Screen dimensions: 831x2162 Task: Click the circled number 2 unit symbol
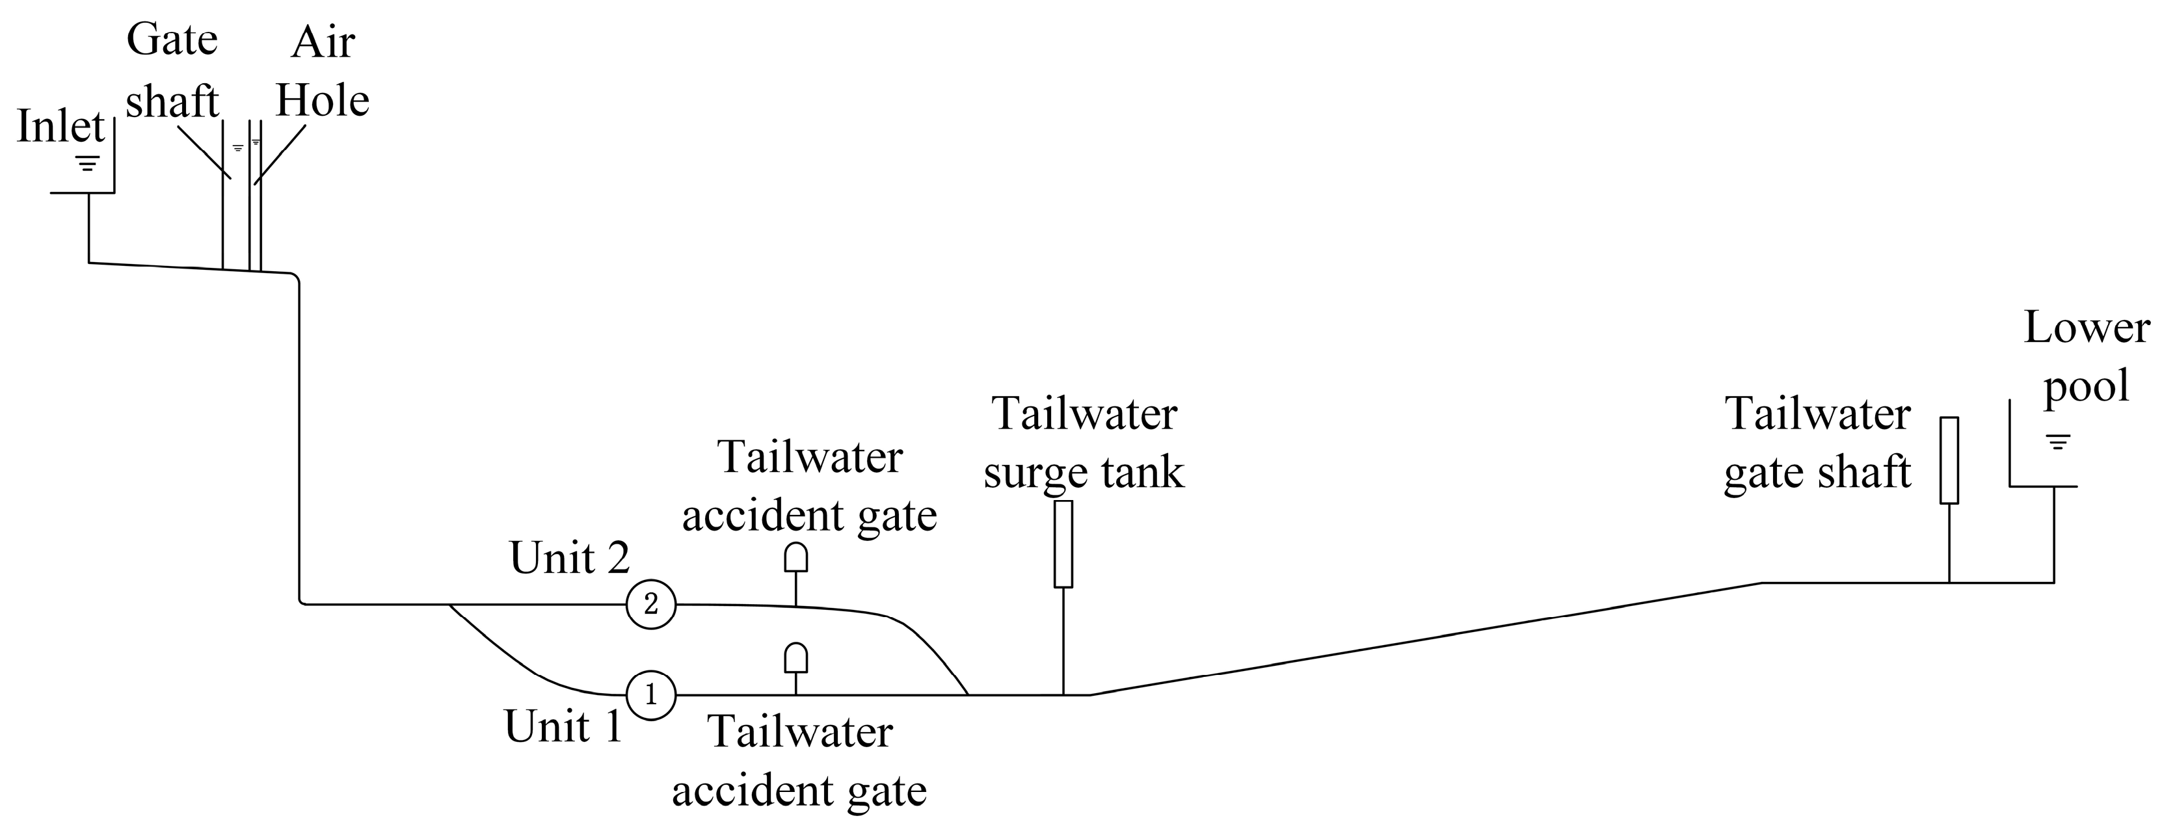(650, 604)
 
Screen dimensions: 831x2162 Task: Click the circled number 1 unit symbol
(650, 695)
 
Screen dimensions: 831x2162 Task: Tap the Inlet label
(60, 127)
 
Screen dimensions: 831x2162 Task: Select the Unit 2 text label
(569, 558)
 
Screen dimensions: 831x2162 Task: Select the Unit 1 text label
(563, 726)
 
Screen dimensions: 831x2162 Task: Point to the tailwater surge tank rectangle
(1063, 544)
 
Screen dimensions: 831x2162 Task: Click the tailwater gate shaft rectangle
(1949, 460)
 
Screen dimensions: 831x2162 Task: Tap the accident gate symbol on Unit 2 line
(795, 557)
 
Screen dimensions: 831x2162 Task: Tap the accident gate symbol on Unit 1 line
(795, 658)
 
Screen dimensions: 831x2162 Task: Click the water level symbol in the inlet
(87, 162)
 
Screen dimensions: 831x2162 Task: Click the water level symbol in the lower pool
(2058, 442)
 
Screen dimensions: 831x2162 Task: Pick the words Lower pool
(2087, 357)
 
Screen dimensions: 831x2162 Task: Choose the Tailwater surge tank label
(1084, 443)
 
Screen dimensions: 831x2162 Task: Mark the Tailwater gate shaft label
(1818, 443)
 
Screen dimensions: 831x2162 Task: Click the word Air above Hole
(323, 42)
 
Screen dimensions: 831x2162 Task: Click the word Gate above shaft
(172, 40)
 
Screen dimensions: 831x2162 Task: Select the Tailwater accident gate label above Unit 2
(809, 487)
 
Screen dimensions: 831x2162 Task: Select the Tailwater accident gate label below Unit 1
(800, 761)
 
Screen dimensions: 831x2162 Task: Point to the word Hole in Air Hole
(323, 101)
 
